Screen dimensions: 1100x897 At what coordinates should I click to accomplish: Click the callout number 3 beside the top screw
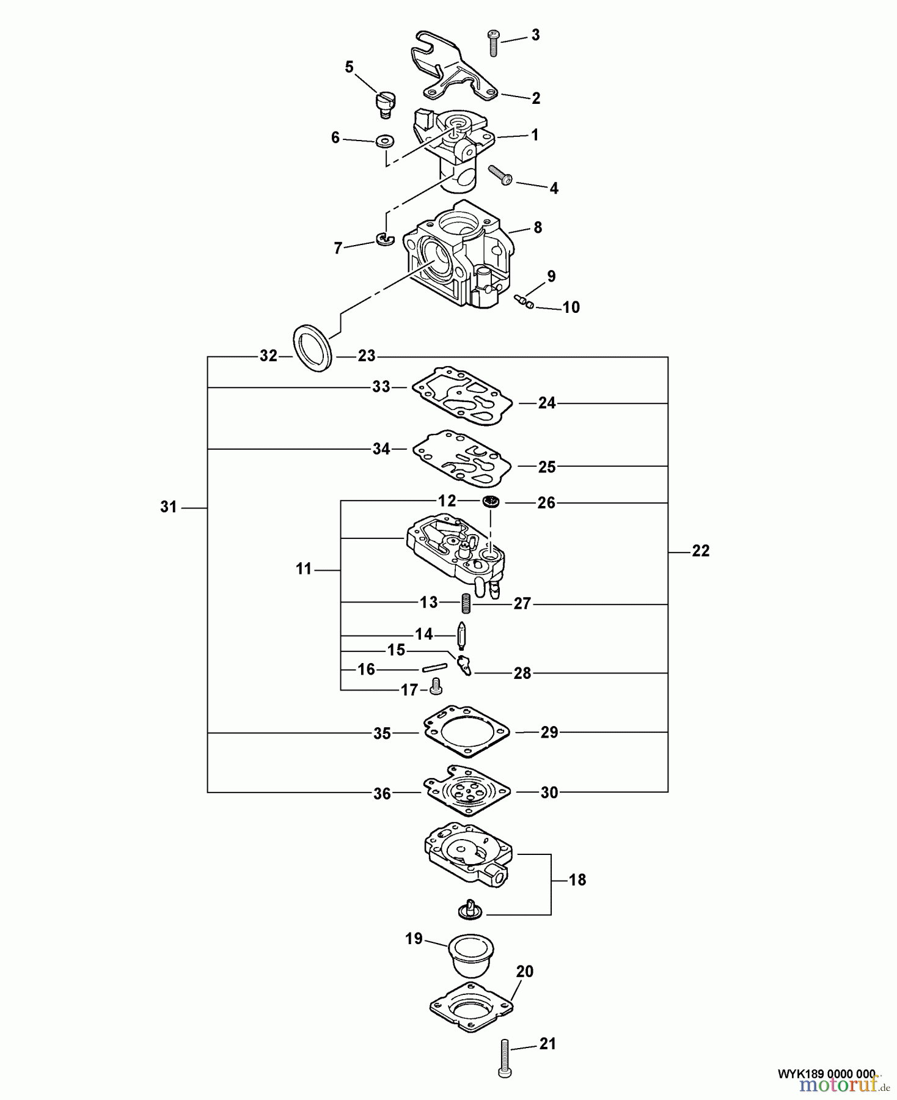535,35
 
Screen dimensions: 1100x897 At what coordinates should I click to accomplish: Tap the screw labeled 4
501,175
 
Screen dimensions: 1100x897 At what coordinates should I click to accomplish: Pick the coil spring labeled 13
467,604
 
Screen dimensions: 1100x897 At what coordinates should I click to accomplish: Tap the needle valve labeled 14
462,636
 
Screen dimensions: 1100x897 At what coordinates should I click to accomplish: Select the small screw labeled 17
436,689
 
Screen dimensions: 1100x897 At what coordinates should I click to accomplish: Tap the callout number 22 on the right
700,551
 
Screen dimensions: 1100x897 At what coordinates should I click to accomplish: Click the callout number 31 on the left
168,507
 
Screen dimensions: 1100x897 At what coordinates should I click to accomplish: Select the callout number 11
304,569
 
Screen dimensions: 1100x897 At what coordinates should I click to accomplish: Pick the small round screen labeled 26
491,502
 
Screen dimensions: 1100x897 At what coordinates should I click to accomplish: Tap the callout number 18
577,880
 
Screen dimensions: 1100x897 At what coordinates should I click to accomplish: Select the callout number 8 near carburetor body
537,227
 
